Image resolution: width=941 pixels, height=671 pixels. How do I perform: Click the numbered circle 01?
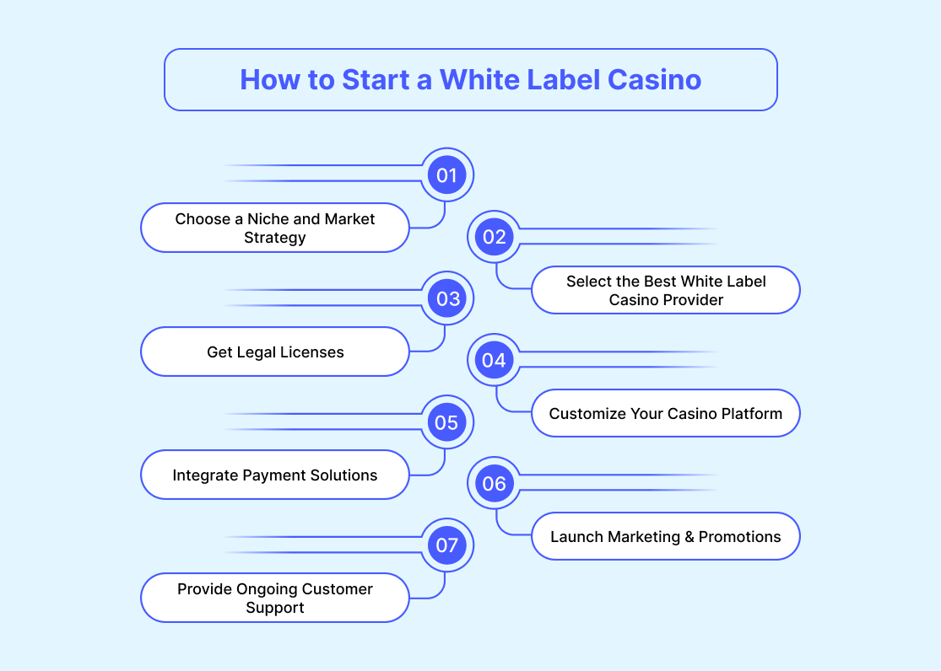446,175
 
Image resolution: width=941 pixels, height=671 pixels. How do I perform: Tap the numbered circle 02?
495,237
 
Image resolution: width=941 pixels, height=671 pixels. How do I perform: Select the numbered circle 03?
446,298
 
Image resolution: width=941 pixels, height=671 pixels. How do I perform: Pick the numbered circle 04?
495,360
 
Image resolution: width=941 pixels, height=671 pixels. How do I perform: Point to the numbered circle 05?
446,422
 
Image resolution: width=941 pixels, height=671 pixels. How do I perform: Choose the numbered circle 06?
495,484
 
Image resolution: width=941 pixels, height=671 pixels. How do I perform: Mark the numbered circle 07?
446,545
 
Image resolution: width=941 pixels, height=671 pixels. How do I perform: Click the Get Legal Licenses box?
275,352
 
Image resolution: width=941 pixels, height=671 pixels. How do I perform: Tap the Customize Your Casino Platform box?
665,413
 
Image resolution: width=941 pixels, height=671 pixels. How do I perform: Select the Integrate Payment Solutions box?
275,475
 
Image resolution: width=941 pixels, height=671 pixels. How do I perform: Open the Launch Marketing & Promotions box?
665,537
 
